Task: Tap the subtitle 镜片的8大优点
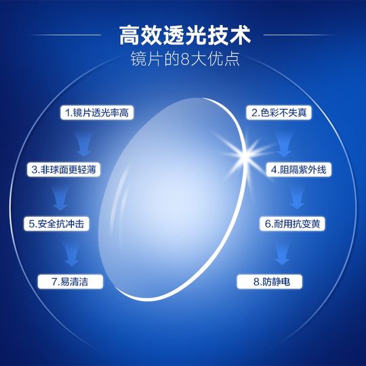point(182,59)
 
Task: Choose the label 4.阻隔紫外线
point(298,168)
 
